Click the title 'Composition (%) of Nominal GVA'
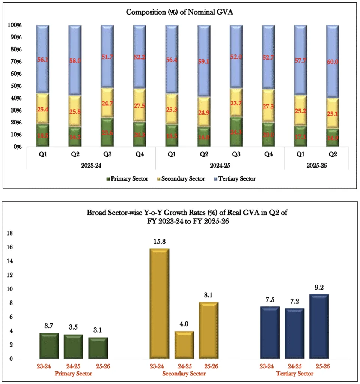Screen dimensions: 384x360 [180, 12]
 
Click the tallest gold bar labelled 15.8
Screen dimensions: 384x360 [159, 303]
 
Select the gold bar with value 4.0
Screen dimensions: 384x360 [184, 345]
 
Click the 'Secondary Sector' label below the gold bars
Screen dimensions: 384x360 [184, 374]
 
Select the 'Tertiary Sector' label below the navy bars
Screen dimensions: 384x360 [294, 374]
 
